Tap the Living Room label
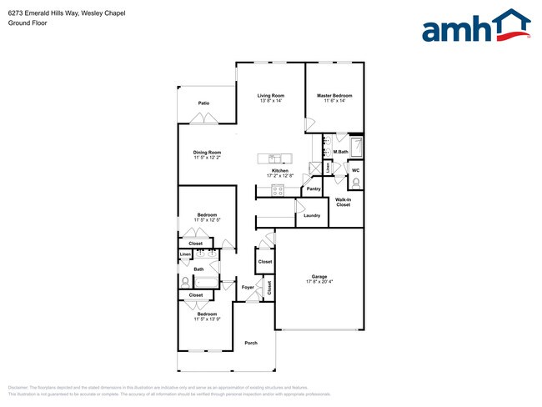point(271,96)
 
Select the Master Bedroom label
point(334,96)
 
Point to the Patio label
point(203,103)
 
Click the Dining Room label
point(207,152)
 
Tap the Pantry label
point(314,188)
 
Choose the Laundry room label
point(312,215)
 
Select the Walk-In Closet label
point(344,202)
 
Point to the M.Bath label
point(340,151)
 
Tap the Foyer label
point(248,288)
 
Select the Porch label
point(251,343)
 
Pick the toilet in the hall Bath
point(186,281)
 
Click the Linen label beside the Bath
point(185,255)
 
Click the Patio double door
point(203,119)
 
